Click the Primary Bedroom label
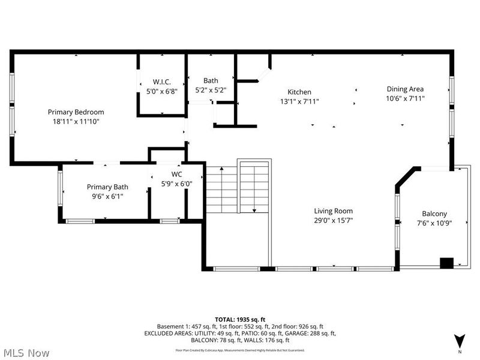pos(76,112)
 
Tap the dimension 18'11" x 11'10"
pos(76,121)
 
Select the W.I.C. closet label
pos(161,82)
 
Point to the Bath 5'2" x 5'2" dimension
pos(211,90)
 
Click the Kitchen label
pos(299,92)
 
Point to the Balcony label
pos(434,214)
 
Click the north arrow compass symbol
pos(460,340)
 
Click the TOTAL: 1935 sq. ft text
pos(240,319)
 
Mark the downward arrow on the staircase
pos(254,209)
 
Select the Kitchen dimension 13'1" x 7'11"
pos(299,101)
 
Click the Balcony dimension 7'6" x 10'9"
pos(434,223)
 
